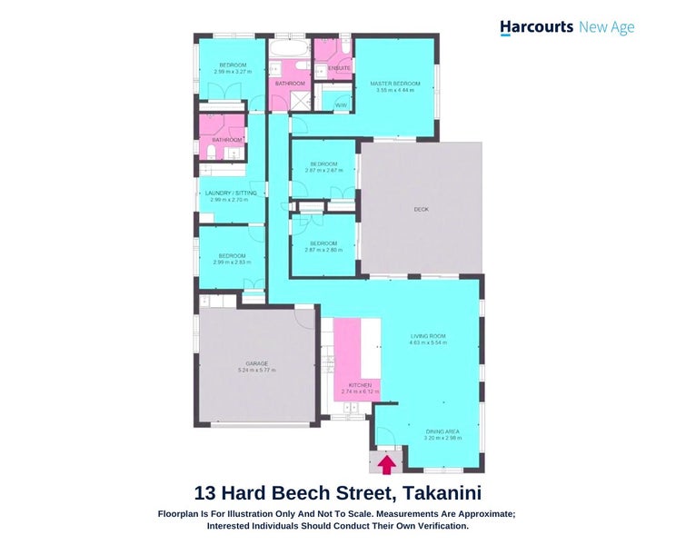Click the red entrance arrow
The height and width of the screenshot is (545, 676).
point(386,465)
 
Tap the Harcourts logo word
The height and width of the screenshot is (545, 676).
point(536,27)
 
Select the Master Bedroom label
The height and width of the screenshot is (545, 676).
point(392,84)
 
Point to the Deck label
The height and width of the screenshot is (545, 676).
point(421,209)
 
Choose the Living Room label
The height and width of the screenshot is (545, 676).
point(428,336)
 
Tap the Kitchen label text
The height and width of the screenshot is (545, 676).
point(360,385)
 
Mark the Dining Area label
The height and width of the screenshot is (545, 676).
point(442,431)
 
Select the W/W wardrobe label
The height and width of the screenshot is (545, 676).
point(341,105)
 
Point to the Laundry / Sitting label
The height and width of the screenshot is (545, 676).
point(231,193)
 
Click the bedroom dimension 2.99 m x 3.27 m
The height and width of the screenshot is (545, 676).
point(231,71)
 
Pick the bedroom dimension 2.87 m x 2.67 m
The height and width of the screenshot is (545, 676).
point(323,170)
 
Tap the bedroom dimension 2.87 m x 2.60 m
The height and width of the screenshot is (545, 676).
point(323,249)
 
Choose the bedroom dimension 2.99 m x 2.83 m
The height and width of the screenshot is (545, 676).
point(231,262)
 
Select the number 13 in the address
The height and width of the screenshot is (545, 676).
point(206,493)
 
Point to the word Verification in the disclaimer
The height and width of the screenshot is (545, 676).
point(434,526)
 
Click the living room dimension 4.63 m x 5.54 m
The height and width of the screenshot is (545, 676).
point(428,342)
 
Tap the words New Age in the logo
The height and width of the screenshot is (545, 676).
point(607,27)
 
